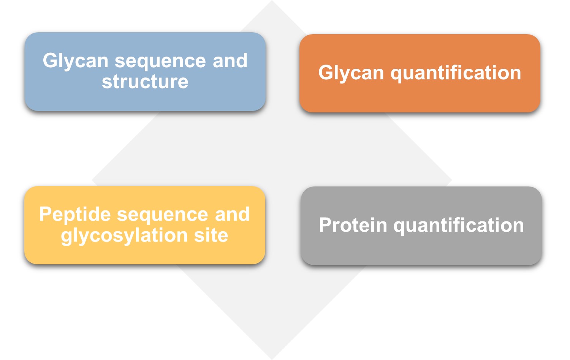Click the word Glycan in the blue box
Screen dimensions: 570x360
click(x=76, y=61)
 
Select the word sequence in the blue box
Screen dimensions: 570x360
click(x=160, y=61)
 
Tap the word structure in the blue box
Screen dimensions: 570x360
click(x=145, y=82)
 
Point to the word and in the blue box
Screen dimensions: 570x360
click(x=230, y=60)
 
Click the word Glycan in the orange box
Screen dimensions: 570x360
click(x=351, y=73)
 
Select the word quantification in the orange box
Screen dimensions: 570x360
click(x=456, y=73)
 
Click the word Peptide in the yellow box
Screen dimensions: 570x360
click(x=75, y=215)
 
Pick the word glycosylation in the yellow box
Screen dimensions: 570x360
click(x=124, y=236)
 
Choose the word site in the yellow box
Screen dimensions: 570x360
click(x=211, y=235)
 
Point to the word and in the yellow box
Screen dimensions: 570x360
click(x=232, y=215)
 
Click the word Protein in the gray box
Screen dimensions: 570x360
click(x=353, y=225)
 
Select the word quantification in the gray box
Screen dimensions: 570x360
click(x=459, y=226)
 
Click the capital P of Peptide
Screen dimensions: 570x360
click(x=46, y=214)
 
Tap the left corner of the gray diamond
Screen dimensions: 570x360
click(x=92, y=180)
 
